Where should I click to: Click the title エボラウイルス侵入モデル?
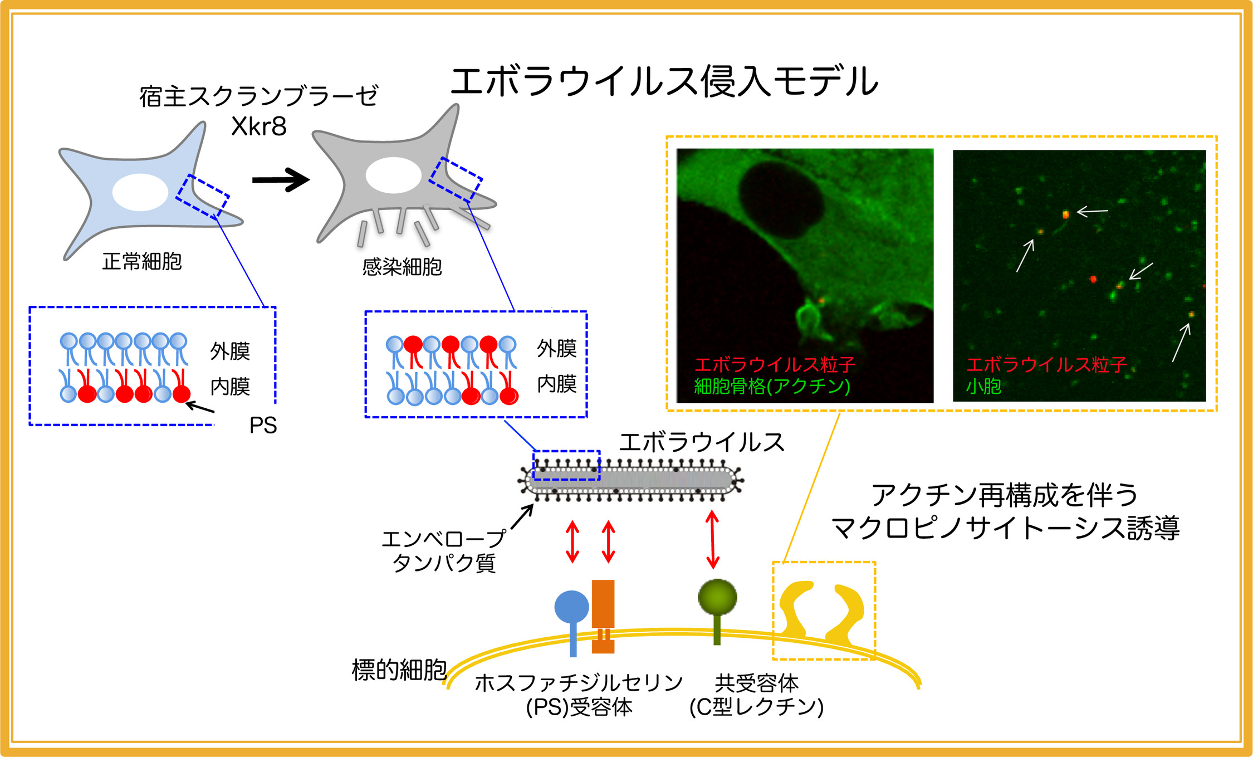[x=664, y=81]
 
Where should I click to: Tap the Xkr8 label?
[x=259, y=126]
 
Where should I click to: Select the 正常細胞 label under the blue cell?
[x=142, y=261]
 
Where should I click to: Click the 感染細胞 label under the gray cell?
[x=402, y=267]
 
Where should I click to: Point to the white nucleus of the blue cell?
[x=140, y=192]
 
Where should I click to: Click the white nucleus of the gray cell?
[x=393, y=175]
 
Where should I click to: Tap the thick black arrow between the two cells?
[x=281, y=179]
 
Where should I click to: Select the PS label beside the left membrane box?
[x=263, y=426]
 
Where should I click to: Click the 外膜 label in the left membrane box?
[x=230, y=351]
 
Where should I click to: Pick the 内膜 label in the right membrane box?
[x=557, y=384]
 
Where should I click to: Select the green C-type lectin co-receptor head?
[x=717, y=597]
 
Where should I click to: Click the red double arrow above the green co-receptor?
[x=712, y=539]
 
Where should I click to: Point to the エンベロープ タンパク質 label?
[x=444, y=551]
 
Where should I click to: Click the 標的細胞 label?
[x=399, y=670]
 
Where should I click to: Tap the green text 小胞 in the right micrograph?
[x=983, y=386]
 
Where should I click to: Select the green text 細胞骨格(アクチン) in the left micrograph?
[x=772, y=386]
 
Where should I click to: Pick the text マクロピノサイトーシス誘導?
[x=1005, y=528]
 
